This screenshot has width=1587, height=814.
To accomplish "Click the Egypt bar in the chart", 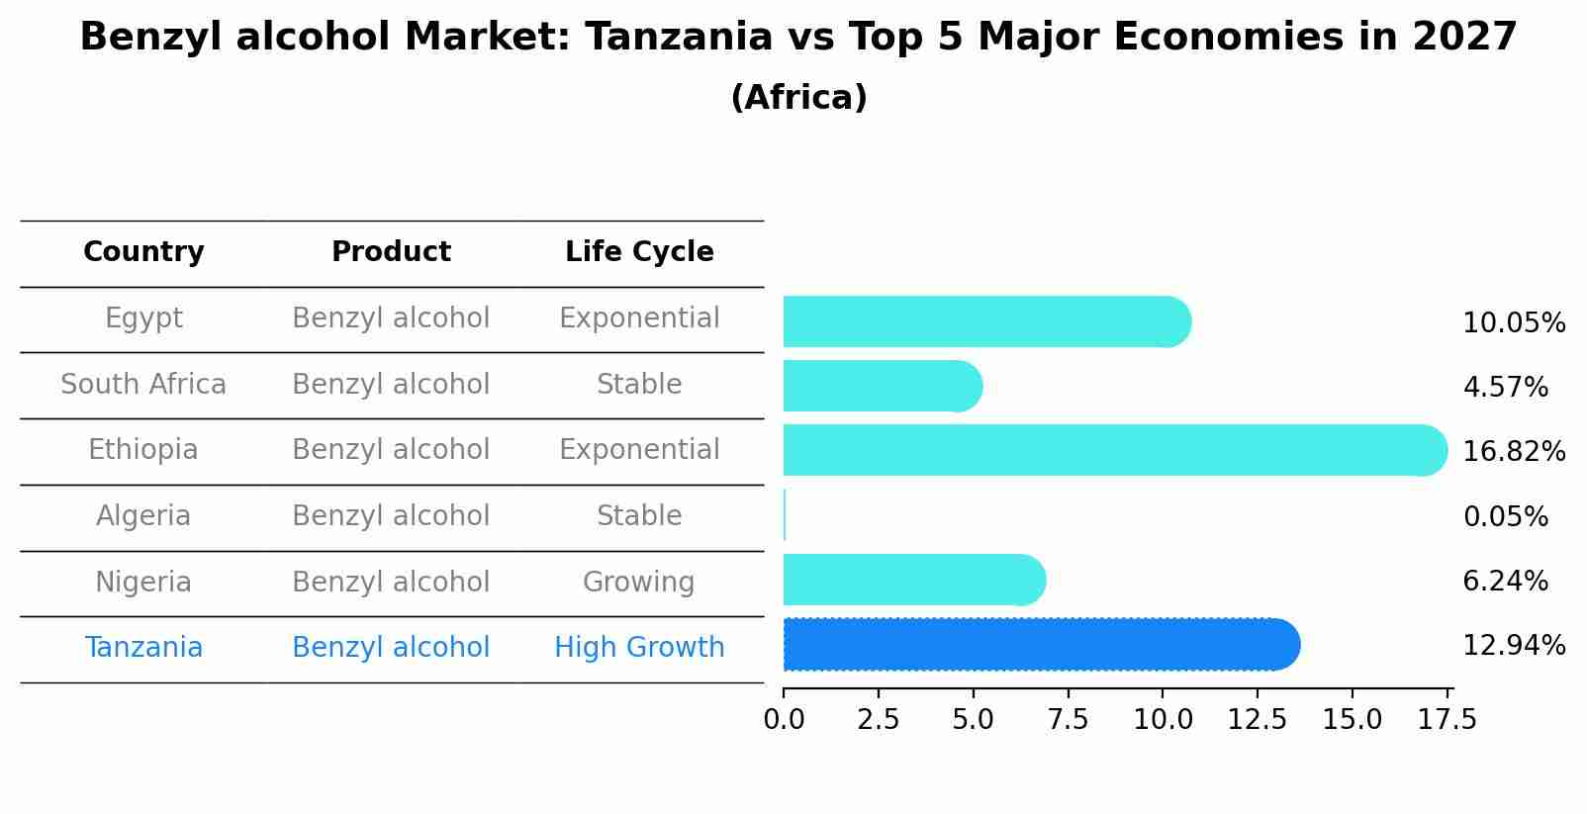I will [x=984, y=321].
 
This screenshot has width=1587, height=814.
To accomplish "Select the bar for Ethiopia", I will [x=1113, y=450].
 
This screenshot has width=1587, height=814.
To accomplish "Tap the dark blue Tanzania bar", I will [x=1039, y=645].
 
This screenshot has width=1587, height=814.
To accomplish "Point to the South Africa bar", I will [x=881, y=386].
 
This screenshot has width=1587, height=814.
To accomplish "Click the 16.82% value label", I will [x=1513, y=452].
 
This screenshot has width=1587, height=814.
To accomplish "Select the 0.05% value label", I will [x=1505, y=517].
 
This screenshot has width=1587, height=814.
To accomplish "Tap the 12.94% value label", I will [x=1513, y=646].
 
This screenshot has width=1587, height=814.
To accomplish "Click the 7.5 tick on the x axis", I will [x=1068, y=720].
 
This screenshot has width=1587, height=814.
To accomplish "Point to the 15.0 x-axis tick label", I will [x=1352, y=720].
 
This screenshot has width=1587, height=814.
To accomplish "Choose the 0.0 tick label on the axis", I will [x=784, y=720].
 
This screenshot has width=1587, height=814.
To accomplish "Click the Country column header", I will [x=143, y=252].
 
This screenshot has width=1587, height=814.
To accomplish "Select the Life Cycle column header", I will [x=639, y=252].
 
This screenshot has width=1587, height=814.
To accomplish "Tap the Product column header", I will [x=391, y=252].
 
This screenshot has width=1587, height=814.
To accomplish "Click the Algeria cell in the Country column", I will [x=143, y=516].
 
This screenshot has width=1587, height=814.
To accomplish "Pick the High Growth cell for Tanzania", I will [x=639, y=648].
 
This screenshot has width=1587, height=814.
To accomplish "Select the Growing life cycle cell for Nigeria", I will [x=638, y=583].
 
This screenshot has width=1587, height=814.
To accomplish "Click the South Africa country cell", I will [x=143, y=385].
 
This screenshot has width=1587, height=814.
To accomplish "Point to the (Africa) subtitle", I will [x=798, y=98].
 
